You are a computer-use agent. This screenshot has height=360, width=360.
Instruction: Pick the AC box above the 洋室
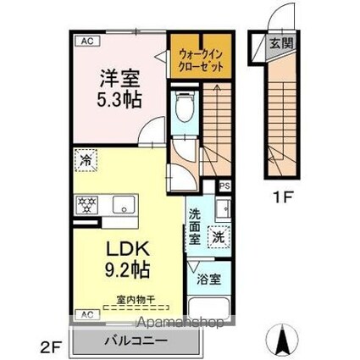86,39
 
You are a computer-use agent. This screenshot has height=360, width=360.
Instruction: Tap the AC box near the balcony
86,314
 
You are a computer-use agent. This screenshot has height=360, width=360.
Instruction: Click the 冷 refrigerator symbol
85,158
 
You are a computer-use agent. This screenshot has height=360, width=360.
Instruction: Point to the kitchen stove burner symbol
86,204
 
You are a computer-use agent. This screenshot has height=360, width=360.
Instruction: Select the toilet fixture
184,108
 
